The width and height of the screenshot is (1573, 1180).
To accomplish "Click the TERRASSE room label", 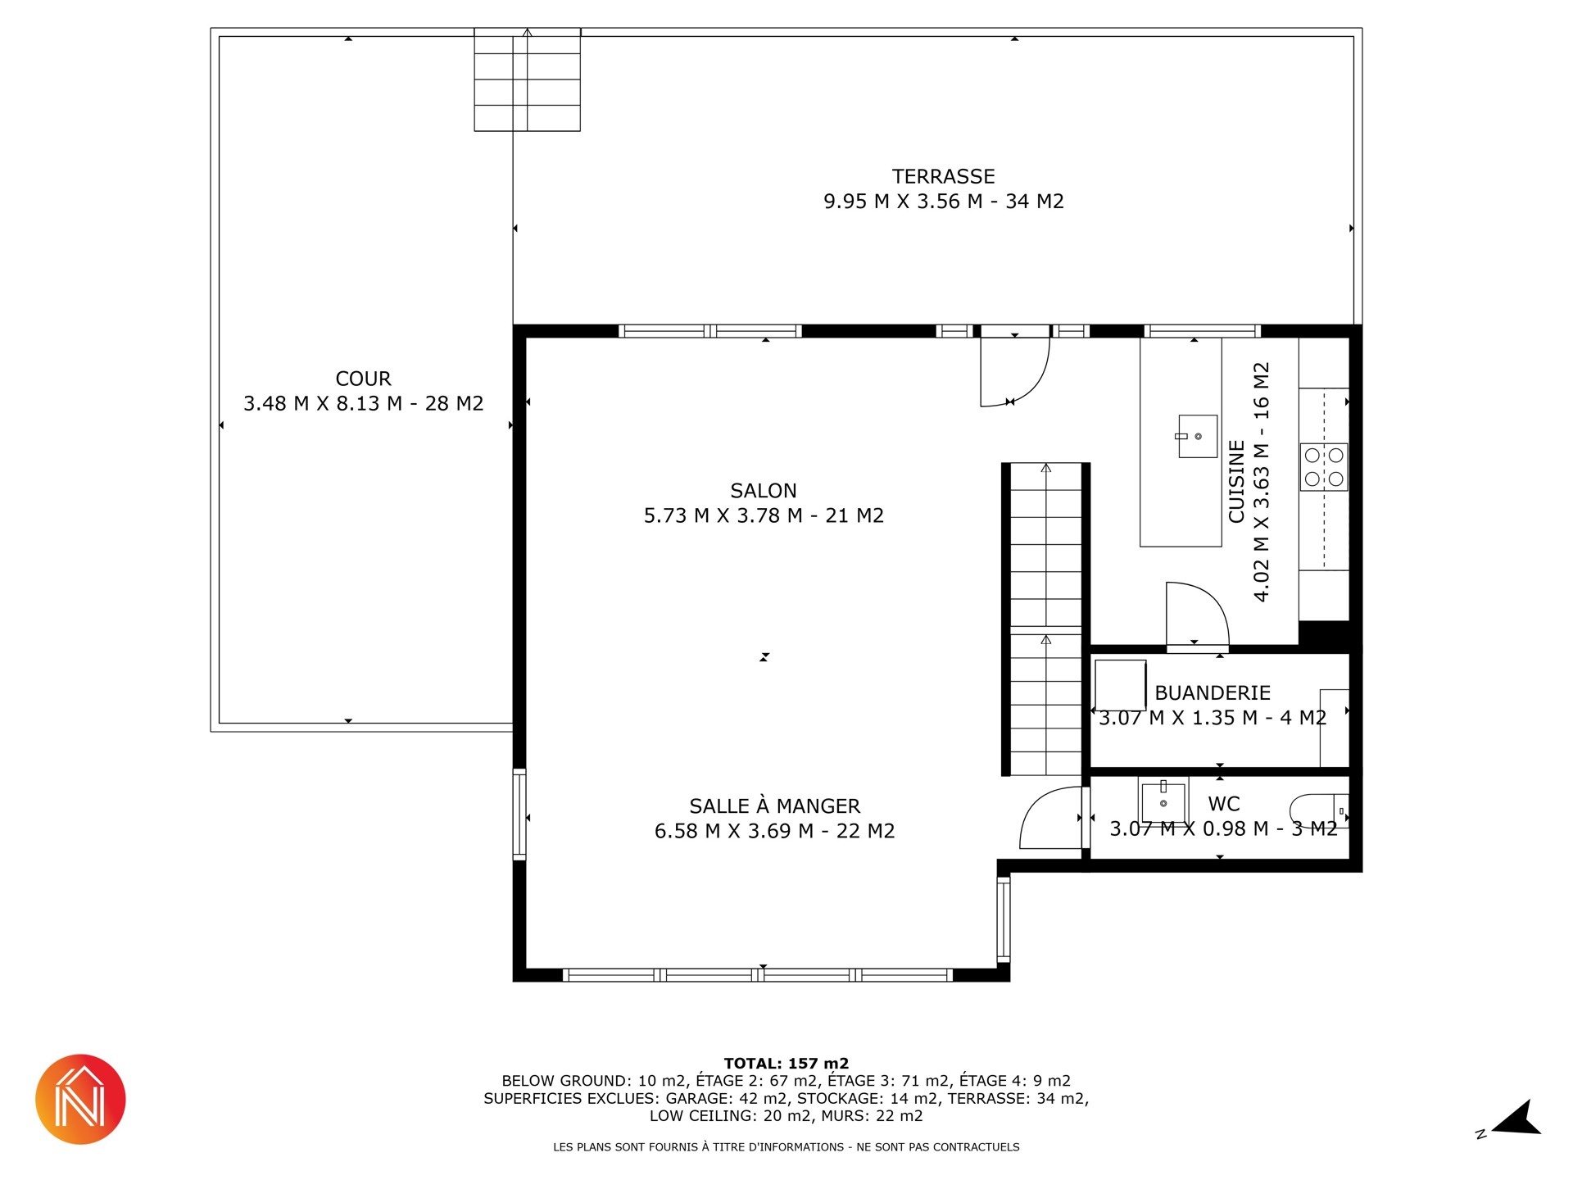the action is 943,176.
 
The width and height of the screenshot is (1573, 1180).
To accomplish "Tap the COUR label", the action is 363,379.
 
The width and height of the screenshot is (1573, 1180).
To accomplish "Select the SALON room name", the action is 764,491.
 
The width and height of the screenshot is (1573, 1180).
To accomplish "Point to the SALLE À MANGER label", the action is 774,806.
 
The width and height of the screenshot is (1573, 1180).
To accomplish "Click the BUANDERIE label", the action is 1213,692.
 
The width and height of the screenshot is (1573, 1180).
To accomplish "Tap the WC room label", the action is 1224,804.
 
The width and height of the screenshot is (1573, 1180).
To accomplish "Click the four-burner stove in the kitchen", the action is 1324,467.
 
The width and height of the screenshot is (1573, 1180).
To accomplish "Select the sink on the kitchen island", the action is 1197,436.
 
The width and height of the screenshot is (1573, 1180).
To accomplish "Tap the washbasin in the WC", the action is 1163,801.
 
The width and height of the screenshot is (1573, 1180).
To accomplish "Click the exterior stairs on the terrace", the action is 527,79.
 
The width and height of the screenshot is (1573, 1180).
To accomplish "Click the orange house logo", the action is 80,1099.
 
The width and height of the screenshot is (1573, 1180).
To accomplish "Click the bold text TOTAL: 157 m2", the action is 786,1064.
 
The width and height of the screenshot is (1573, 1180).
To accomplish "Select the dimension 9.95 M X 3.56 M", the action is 903,202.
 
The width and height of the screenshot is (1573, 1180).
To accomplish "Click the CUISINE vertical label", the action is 1236,482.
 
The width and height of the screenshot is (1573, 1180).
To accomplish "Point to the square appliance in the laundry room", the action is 1120,685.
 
